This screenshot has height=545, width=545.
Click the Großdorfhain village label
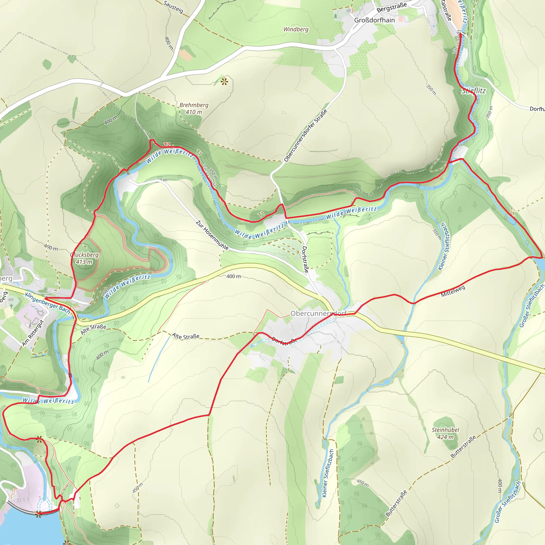tap(374, 20)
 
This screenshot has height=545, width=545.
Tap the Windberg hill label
tap(296, 29)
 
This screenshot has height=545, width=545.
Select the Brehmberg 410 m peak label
tap(194, 108)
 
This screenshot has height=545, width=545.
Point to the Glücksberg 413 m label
tap(84, 258)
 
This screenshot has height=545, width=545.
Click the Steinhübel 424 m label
tap(445, 433)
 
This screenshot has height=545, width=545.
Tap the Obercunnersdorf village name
tap(318, 313)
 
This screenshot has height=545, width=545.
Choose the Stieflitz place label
tap(474, 91)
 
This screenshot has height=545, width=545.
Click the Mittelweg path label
tap(453, 291)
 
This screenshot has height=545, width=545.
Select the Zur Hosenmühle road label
tap(212, 235)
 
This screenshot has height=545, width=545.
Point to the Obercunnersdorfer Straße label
tap(305, 135)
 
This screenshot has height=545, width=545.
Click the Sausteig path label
tap(173, 7)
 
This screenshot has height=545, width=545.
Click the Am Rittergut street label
tap(33, 333)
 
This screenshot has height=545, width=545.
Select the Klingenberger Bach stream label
tap(47, 303)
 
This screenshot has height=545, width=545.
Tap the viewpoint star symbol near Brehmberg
tap(224, 82)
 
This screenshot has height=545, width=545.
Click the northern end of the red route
tap(460, 34)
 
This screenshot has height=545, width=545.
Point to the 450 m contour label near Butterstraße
tap(362, 483)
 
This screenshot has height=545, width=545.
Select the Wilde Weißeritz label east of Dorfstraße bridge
tap(351, 213)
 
